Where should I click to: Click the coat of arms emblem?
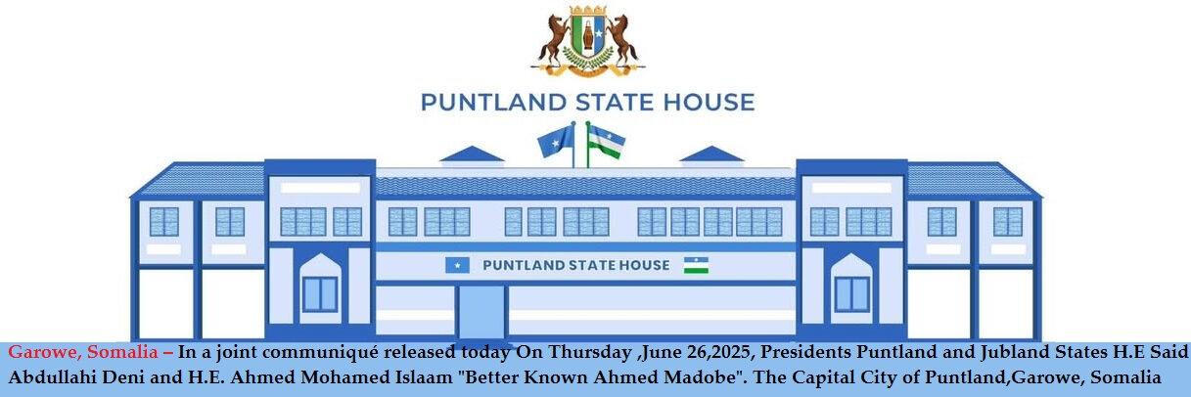pos(587,41)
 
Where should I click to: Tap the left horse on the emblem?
pos(553,41)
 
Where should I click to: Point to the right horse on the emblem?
pos(622,41)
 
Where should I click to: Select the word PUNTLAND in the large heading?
pos(493,102)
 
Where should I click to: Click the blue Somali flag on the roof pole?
pos(556,141)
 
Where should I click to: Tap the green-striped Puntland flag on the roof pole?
pos(607,142)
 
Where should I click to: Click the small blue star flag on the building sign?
pos(457,265)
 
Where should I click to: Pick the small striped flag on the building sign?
pos(696,265)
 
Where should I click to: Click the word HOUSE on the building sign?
pos(643,265)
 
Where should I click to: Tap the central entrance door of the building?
pos(481,313)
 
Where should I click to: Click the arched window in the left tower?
pos(320,288)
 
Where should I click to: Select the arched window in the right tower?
pos(851,288)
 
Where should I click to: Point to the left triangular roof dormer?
pos(472,154)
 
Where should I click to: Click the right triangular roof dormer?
pos(711,154)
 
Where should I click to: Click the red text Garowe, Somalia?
pos(83,352)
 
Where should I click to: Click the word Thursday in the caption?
pos(590,352)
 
